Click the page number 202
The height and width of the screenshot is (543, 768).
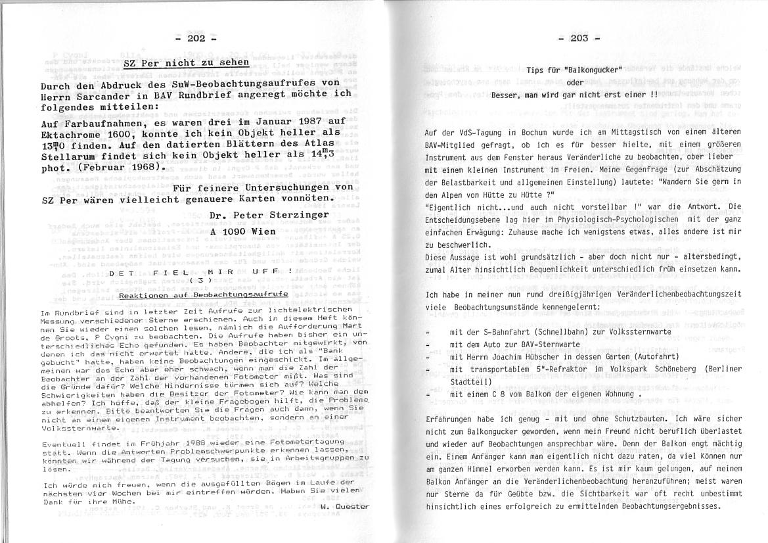(x=196, y=38)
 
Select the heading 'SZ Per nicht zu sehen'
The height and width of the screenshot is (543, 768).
(x=186, y=63)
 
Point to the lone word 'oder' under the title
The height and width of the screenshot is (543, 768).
(x=575, y=82)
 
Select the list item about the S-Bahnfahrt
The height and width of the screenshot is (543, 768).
(x=560, y=332)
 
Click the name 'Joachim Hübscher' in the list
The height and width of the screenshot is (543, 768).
(x=526, y=357)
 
